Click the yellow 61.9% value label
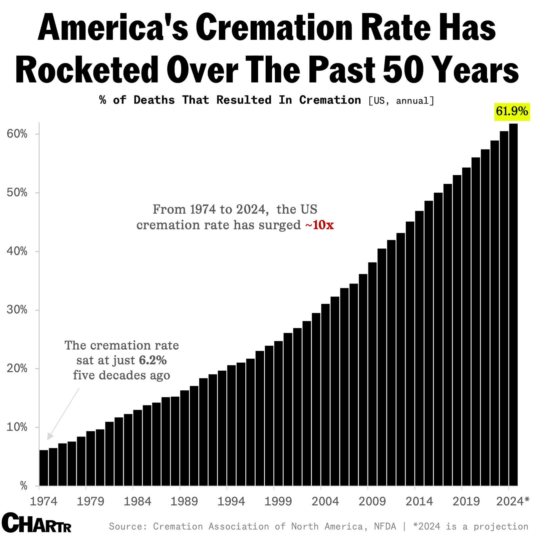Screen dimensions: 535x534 (512, 111)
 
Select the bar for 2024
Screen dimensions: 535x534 (513, 304)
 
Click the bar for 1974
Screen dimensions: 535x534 (44, 468)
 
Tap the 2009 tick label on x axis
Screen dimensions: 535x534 (372, 501)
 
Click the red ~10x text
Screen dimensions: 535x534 (319, 225)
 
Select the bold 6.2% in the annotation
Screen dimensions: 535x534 (153, 360)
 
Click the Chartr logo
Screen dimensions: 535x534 (36, 523)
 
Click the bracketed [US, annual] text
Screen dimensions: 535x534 (401, 101)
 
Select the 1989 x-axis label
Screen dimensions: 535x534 (184, 501)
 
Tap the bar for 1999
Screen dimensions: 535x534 (278, 413)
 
